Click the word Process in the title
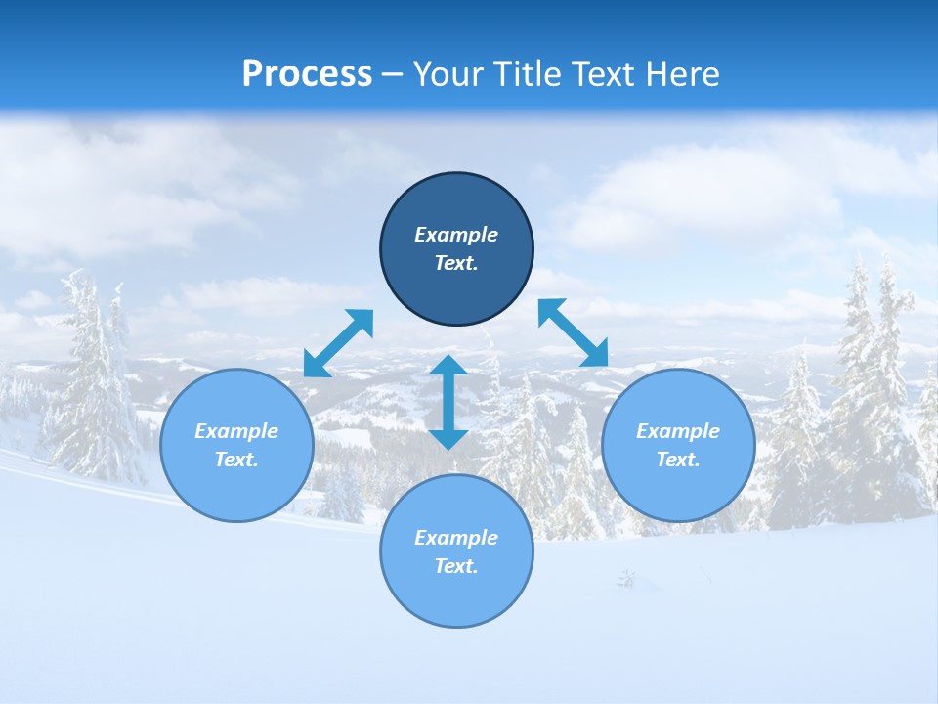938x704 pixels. point(307,74)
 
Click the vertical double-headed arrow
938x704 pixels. point(448,402)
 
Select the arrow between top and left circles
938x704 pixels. point(338,343)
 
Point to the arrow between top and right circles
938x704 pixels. point(574,332)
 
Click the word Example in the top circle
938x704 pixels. point(456,235)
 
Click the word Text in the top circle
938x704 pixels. point(456,263)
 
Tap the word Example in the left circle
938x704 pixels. point(236,431)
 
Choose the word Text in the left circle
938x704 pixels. point(236,460)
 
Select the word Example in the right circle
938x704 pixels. point(678,431)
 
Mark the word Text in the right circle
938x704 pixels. point(678,460)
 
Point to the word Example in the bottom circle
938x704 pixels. point(456,538)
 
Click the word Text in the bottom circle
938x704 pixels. point(456,566)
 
